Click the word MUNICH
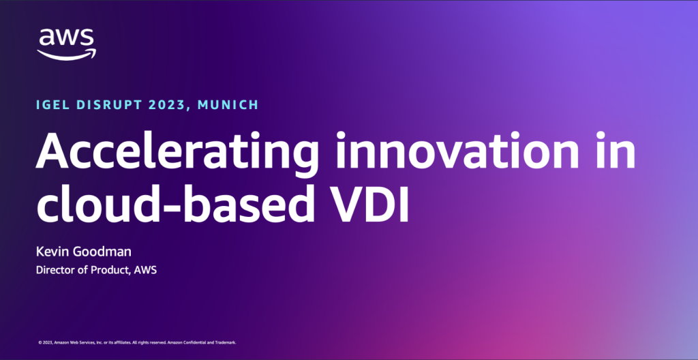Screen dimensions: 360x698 (230, 105)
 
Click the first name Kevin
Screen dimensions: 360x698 (52, 252)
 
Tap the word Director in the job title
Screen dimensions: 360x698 (54, 270)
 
